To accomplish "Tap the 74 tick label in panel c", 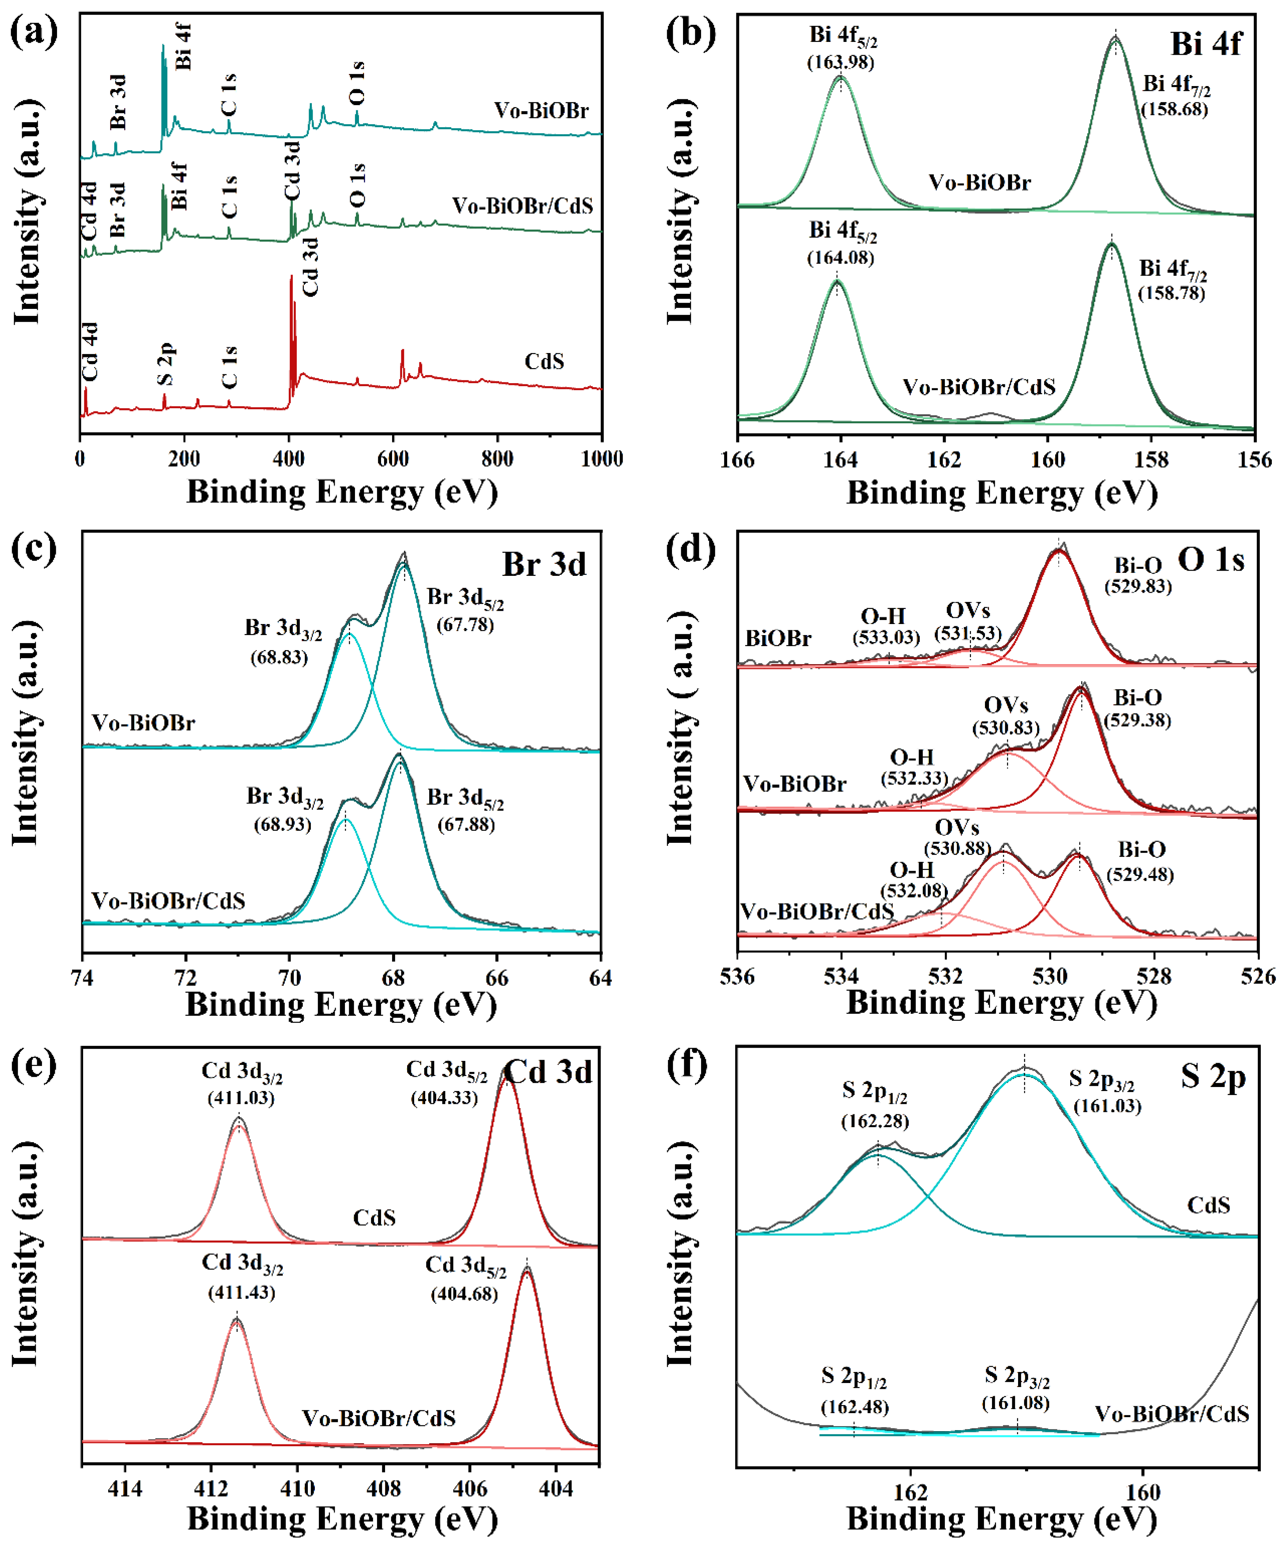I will [x=82, y=977].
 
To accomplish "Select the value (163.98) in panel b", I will [x=840, y=62].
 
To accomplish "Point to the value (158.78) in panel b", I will [x=1171, y=293].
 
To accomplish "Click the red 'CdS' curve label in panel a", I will [x=544, y=362].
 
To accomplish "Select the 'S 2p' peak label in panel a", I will [x=166, y=363].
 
